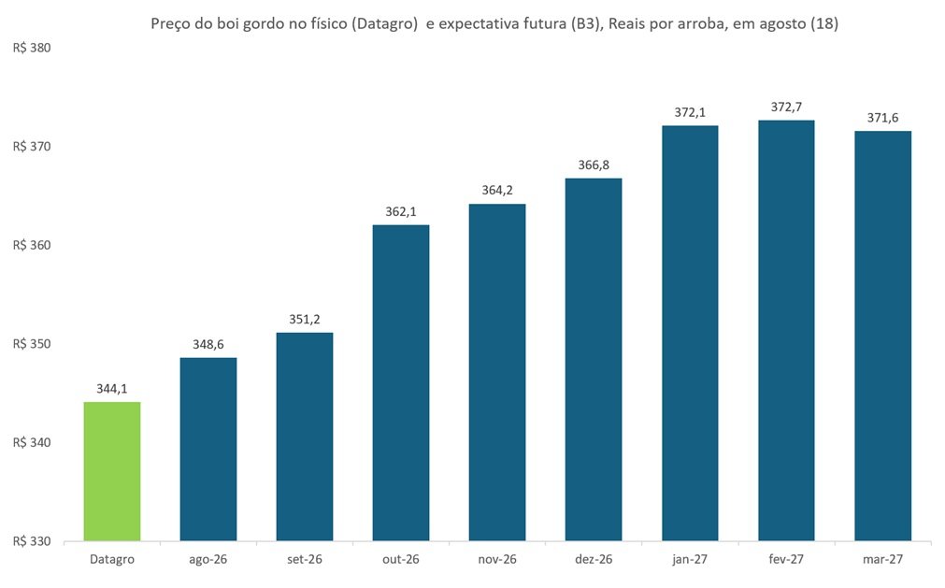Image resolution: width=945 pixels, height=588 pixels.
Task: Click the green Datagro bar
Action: coord(112,471)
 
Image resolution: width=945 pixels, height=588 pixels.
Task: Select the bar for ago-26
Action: coord(208,450)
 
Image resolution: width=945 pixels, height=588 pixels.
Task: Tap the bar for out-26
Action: coord(401,383)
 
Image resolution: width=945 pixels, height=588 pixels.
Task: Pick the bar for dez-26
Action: coord(594,360)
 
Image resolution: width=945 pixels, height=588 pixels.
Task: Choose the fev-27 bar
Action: coord(786,331)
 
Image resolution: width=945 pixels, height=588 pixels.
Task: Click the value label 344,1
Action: coord(112,389)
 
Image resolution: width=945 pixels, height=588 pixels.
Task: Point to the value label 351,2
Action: coord(305,320)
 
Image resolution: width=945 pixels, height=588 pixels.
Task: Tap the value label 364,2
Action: coord(497,191)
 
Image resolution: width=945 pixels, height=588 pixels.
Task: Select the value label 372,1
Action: coord(690,112)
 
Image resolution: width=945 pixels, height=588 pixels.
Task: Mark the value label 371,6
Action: coord(883,118)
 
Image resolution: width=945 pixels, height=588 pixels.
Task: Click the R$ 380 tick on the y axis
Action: coord(32,49)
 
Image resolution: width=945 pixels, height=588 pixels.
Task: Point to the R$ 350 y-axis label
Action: coord(32,344)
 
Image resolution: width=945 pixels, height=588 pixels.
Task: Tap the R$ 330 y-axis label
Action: coord(32,541)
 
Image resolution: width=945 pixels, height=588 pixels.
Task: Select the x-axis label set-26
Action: coord(305,559)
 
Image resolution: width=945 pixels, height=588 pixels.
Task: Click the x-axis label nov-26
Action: coord(497,559)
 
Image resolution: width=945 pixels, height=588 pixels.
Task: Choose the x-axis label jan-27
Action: coord(690,559)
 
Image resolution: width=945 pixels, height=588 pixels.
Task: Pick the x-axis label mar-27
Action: coord(883,559)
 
